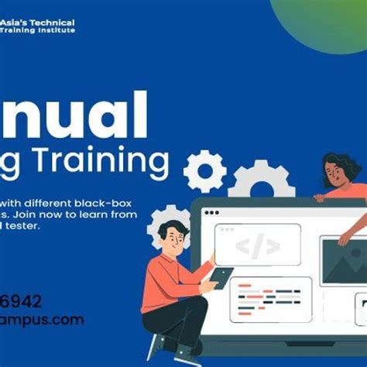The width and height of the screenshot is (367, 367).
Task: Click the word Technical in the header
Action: [x=53, y=22]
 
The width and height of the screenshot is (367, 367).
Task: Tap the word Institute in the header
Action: [x=60, y=30]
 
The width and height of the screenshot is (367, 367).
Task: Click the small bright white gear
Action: [x=204, y=170]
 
